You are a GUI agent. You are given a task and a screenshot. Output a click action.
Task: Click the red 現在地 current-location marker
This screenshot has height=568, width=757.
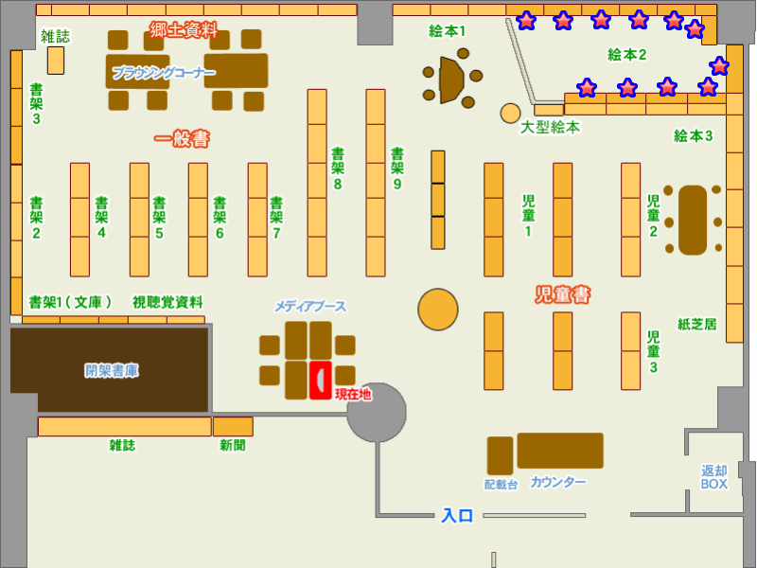pyautogui.click(x=320, y=380)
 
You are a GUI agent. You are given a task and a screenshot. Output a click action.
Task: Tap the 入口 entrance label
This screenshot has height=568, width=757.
pyautogui.click(x=457, y=516)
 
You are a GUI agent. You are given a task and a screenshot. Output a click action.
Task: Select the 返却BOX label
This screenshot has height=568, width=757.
pyautogui.click(x=714, y=477)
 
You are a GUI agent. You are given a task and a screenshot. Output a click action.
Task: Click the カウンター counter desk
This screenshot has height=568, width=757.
pyautogui.click(x=559, y=451)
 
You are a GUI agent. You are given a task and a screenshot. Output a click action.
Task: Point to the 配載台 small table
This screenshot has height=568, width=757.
pyautogui.click(x=500, y=455)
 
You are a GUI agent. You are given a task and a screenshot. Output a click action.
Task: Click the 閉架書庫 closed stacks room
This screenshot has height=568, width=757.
pyautogui.click(x=110, y=370)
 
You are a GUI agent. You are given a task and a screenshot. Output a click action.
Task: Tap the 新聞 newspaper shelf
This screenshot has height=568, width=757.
pyautogui.click(x=233, y=426)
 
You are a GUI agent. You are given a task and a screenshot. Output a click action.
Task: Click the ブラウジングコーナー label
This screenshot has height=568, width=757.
pyautogui.click(x=164, y=72)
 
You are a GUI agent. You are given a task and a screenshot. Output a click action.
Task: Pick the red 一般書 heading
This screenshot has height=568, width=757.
pyautogui.click(x=182, y=139)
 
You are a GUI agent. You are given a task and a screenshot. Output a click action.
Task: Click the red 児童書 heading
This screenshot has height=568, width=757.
pyautogui.click(x=563, y=295)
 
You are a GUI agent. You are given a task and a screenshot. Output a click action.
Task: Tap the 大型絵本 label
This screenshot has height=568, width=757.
pyautogui.click(x=550, y=127)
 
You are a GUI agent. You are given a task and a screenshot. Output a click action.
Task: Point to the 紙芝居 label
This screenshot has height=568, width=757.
pyautogui.click(x=696, y=324)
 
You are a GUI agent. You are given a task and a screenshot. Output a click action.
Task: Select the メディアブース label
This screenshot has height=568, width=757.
pyautogui.click(x=310, y=307)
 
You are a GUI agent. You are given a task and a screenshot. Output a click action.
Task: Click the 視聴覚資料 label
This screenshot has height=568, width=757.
pyautogui.click(x=167, y=302)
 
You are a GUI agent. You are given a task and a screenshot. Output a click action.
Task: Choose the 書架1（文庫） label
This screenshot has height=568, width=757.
pyautogui.click(x=71, y=302)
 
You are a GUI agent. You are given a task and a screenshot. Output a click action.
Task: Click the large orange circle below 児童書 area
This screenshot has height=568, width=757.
pyautogui.click(x=438, y=310)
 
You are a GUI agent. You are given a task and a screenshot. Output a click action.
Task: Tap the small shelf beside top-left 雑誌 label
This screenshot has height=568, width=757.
pyautogui.click(x=56, y=61)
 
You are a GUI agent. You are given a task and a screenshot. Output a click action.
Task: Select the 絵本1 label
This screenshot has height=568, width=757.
pyautogui.click(x=448, y=31)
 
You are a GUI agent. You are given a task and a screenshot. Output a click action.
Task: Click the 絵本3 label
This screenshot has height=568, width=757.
pyautogui.click(x=693, y=135)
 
